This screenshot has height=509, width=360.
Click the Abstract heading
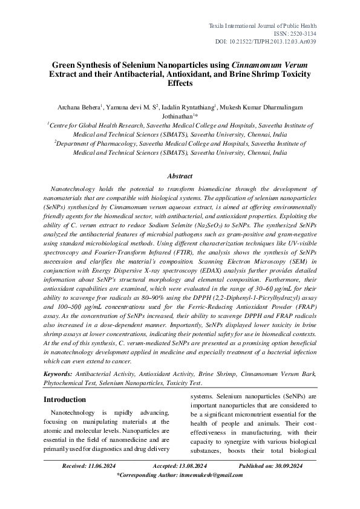coord(180,177)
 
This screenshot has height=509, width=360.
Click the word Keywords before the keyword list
coord(59,374)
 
